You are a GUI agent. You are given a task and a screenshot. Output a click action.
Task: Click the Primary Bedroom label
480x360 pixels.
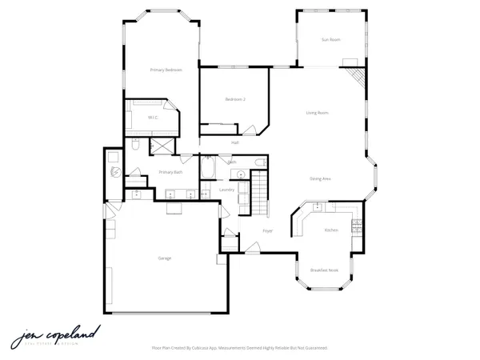(x=166, y=70)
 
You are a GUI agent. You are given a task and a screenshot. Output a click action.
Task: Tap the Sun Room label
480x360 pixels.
(x=331, y=39)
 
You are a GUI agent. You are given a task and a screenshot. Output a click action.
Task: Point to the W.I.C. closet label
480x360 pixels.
(x=152, y=118)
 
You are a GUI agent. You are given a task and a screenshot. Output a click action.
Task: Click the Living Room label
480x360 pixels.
(x=317, y=113)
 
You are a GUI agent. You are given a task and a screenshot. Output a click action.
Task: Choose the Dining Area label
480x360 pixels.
(x=321, y=178)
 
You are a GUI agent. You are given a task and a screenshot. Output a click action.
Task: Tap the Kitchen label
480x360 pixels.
(x=331, y=230)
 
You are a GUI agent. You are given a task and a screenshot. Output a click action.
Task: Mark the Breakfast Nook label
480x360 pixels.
(x=324, y=271)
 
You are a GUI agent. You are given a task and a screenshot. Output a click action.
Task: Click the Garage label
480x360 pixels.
(x=165, y=258)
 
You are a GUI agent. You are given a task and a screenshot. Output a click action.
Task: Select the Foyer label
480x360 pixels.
(x=267, y=231)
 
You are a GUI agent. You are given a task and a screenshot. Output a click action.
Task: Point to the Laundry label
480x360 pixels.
(x=226, y=190)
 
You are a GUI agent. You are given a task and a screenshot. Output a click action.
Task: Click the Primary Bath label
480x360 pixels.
(x=170, y=172)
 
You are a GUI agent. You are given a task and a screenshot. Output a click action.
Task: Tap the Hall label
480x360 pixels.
(x=235, y=142)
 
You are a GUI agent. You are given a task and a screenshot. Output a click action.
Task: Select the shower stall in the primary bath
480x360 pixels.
(x=158, y=146)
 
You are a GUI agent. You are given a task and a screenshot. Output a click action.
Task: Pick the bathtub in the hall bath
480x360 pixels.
(x=208, y=168)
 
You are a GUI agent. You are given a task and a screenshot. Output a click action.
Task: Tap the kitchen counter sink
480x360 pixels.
(x=318, y=207)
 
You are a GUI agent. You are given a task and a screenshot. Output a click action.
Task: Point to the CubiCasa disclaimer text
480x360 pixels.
(x=239, y=348)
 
